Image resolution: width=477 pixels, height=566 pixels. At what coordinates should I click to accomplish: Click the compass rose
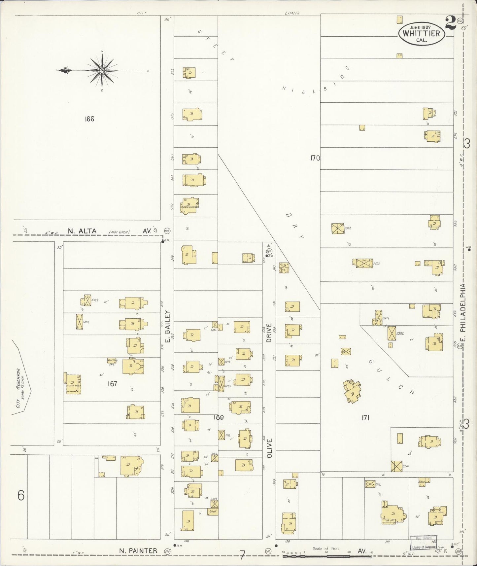tap(102, 70)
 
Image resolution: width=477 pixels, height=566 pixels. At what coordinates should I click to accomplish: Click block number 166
tap(89, 119)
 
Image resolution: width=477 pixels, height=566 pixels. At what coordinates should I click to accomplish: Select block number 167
tap(112, 384)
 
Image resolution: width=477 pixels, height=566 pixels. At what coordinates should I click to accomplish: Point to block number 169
tap(218, 417)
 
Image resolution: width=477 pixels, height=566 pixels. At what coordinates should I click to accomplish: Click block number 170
tap(315, 158)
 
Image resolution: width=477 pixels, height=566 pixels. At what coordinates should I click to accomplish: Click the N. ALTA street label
tap(82, 231)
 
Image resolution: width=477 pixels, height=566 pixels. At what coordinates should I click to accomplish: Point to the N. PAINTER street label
tap(138, 550)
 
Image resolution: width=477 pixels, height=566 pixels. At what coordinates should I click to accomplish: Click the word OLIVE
tap(269, 448)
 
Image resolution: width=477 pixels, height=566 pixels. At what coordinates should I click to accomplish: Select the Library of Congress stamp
tap(424, 543)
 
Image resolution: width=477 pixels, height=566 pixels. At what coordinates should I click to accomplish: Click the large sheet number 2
tap(450, 23)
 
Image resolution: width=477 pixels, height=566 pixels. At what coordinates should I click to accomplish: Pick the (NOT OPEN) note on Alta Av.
tap(119, 232)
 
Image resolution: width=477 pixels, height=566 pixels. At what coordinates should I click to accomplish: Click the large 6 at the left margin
tap(21, 496)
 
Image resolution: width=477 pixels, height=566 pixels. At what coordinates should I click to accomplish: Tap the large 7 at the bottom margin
tap(242, 556)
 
